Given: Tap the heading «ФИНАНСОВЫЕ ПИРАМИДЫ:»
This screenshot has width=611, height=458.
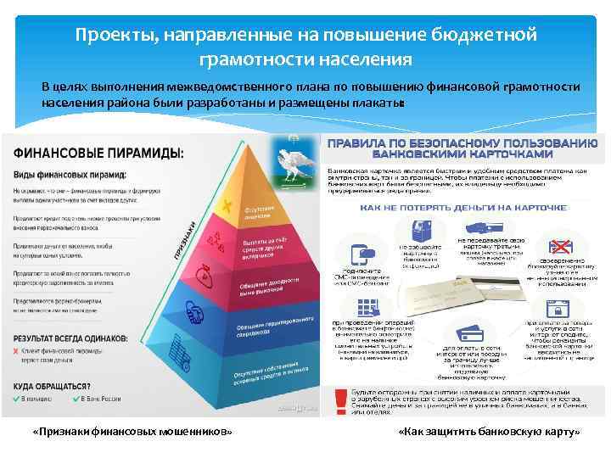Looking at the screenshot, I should point(98,153).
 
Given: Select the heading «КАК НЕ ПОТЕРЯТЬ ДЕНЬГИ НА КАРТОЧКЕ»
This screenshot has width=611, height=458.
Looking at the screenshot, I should point(452,206).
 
